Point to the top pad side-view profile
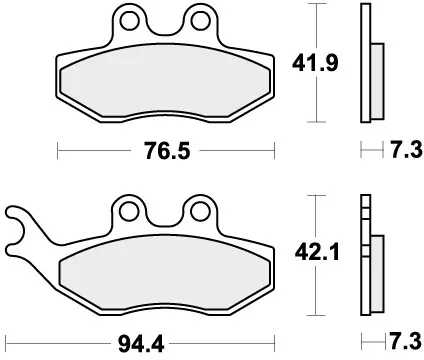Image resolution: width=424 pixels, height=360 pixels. (365, 61)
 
